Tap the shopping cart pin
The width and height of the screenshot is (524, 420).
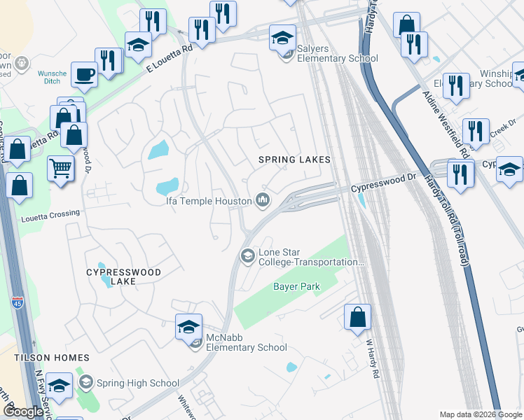pyautogui.click(x=61, y=168)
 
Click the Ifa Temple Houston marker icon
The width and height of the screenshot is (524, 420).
pyautogui.click(x=263, y=201)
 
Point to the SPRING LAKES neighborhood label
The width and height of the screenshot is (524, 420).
pyautogui.click(x=294, y=160)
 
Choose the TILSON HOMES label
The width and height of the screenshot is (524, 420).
pyautogui.click(x=43, y=357)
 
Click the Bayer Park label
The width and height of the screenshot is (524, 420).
pyautogui.click(x=296, y=287)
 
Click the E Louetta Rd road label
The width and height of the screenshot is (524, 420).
pyautogui.click(x=169, y=59)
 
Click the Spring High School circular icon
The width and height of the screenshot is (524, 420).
pyautogui.click(x=85, y=382)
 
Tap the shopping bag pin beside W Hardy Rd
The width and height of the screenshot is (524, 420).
pyautogui.click(x=358, y=316)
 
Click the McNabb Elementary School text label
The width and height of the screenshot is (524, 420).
pyautogui.click(x=246, y=347)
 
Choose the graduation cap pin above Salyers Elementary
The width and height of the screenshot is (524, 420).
pyautogui.click(x=282, y=37)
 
